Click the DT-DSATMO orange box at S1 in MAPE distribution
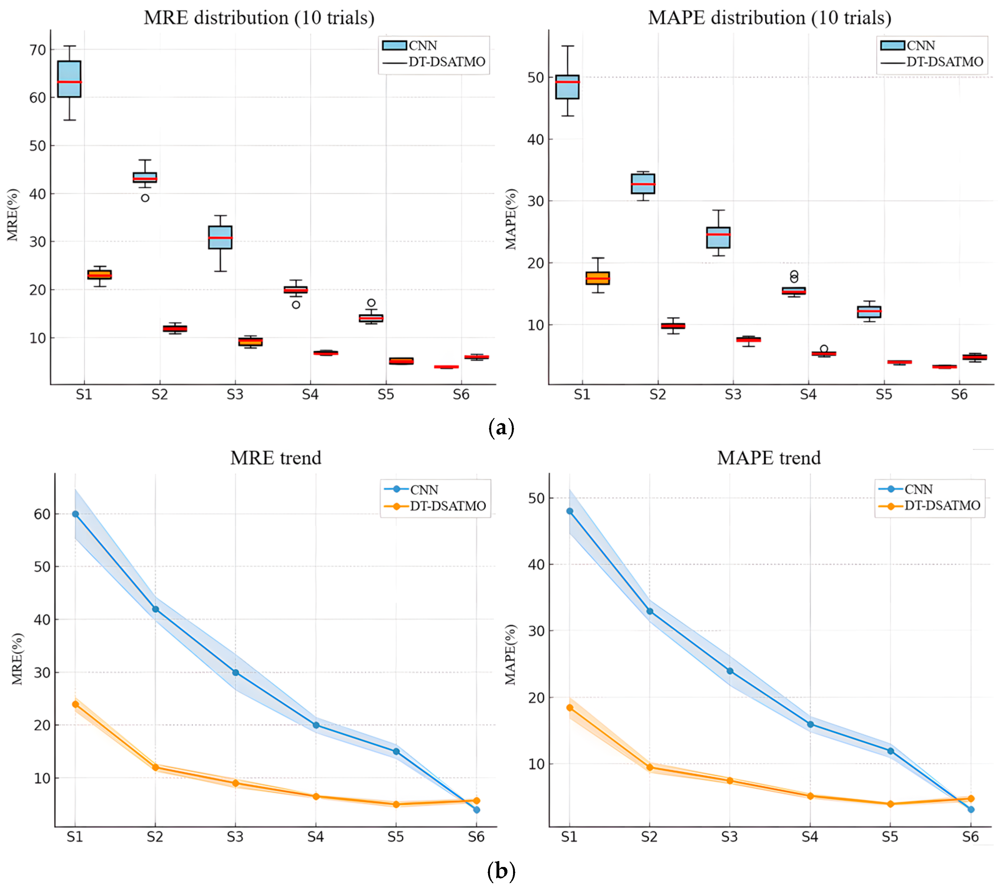coord(598,278)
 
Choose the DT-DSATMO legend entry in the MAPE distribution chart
coord(944,62)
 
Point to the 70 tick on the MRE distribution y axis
coord(38,50)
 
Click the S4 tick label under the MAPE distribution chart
coord(808,395)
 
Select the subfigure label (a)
coord(501,428)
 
